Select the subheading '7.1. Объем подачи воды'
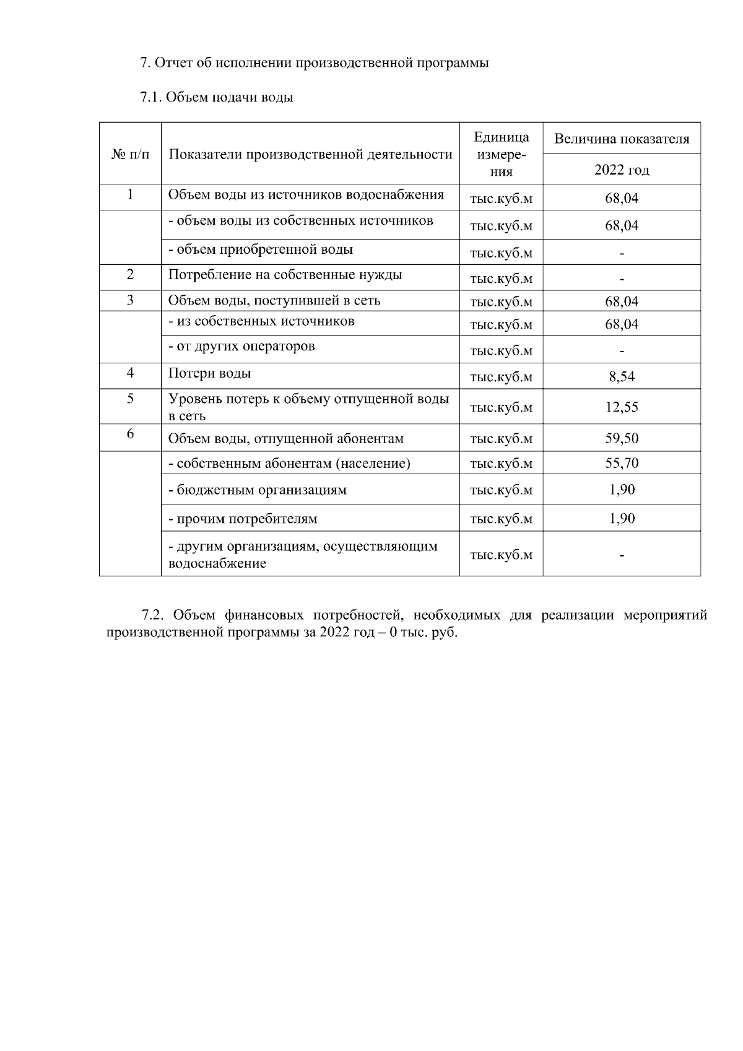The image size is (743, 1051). pos(217,97)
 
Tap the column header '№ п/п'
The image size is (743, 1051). pos(130,154)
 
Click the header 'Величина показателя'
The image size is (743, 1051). pos(622,139)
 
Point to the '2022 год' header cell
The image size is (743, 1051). pos(622,170)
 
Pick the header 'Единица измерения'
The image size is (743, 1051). pos(501,154)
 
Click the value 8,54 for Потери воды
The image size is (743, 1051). pos(622,377)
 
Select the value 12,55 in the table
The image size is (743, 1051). pos(622,407)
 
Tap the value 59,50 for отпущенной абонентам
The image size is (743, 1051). pos(622,439)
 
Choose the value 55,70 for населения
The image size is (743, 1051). pos(622,463)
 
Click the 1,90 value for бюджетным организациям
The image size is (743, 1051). pos(622,490)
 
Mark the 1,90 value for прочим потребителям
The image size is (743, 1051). pos(622,519)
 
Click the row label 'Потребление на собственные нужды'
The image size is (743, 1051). pos(285,275)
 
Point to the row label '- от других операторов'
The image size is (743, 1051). pos(241,346)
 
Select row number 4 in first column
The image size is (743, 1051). pos(130,373)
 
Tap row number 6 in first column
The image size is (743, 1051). pos(130,434)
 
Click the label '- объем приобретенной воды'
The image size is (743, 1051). pos(261,250)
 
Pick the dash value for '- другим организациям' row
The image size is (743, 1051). pos(622,555)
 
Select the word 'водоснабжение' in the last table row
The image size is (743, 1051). pos(217,564)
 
